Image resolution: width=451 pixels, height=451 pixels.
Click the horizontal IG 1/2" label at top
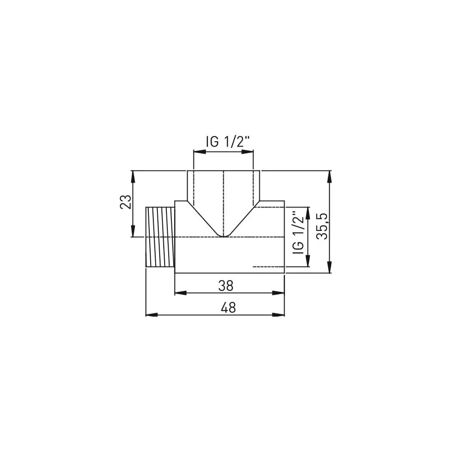pos(228,142)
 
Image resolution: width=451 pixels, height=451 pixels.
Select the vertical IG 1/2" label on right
pos(298,232)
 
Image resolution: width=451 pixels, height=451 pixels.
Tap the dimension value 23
pos(126,202)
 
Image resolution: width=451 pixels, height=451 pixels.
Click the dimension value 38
pos(229,285)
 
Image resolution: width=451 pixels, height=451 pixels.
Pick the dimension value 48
pos(229,308)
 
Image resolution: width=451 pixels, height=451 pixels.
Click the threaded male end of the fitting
pos(160,237)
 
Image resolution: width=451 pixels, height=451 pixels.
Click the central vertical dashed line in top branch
pos(224,198)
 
